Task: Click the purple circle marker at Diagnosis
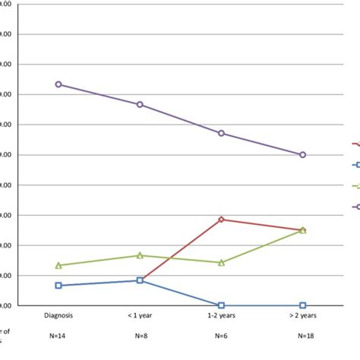coord(58,84)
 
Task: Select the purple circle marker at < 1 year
coord(140,104)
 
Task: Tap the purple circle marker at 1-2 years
coord(221,133)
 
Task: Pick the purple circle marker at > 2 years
coord(302,154)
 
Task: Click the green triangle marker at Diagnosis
coord(58,265)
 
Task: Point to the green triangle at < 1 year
coord(140,255)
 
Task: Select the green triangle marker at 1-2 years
coord(221,262)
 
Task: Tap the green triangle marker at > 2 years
coord(302,229)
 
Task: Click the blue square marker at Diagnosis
coord(58,286)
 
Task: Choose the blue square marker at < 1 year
coord(140,280)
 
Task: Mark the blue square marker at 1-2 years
coord(221,305)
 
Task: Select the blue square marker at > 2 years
coord(302,305)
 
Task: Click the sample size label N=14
coord(58,336)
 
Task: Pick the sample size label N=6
coord(221,336)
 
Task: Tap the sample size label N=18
coord(302,336)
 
